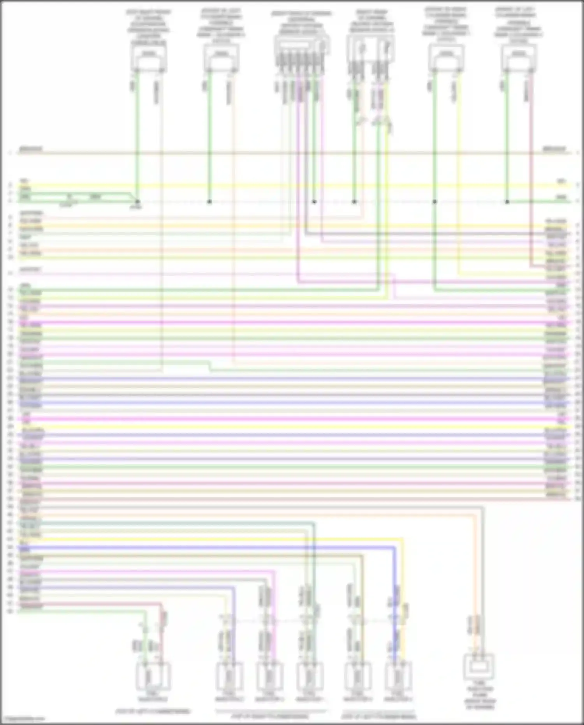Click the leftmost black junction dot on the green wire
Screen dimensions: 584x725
pyautogui.click(x=137, y=202)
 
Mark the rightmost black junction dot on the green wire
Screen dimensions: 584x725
pyautogui.click(x=507, y=202)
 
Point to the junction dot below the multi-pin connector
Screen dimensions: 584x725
pyautogui.click(x=314, y=202)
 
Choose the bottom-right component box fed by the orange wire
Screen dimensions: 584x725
pyautogui.click(x=479, y=667)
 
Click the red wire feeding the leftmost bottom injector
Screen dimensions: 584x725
pyautogui.click(x=161, y=631)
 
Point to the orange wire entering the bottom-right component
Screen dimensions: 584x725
pyautogui.click(x=475, y=584)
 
